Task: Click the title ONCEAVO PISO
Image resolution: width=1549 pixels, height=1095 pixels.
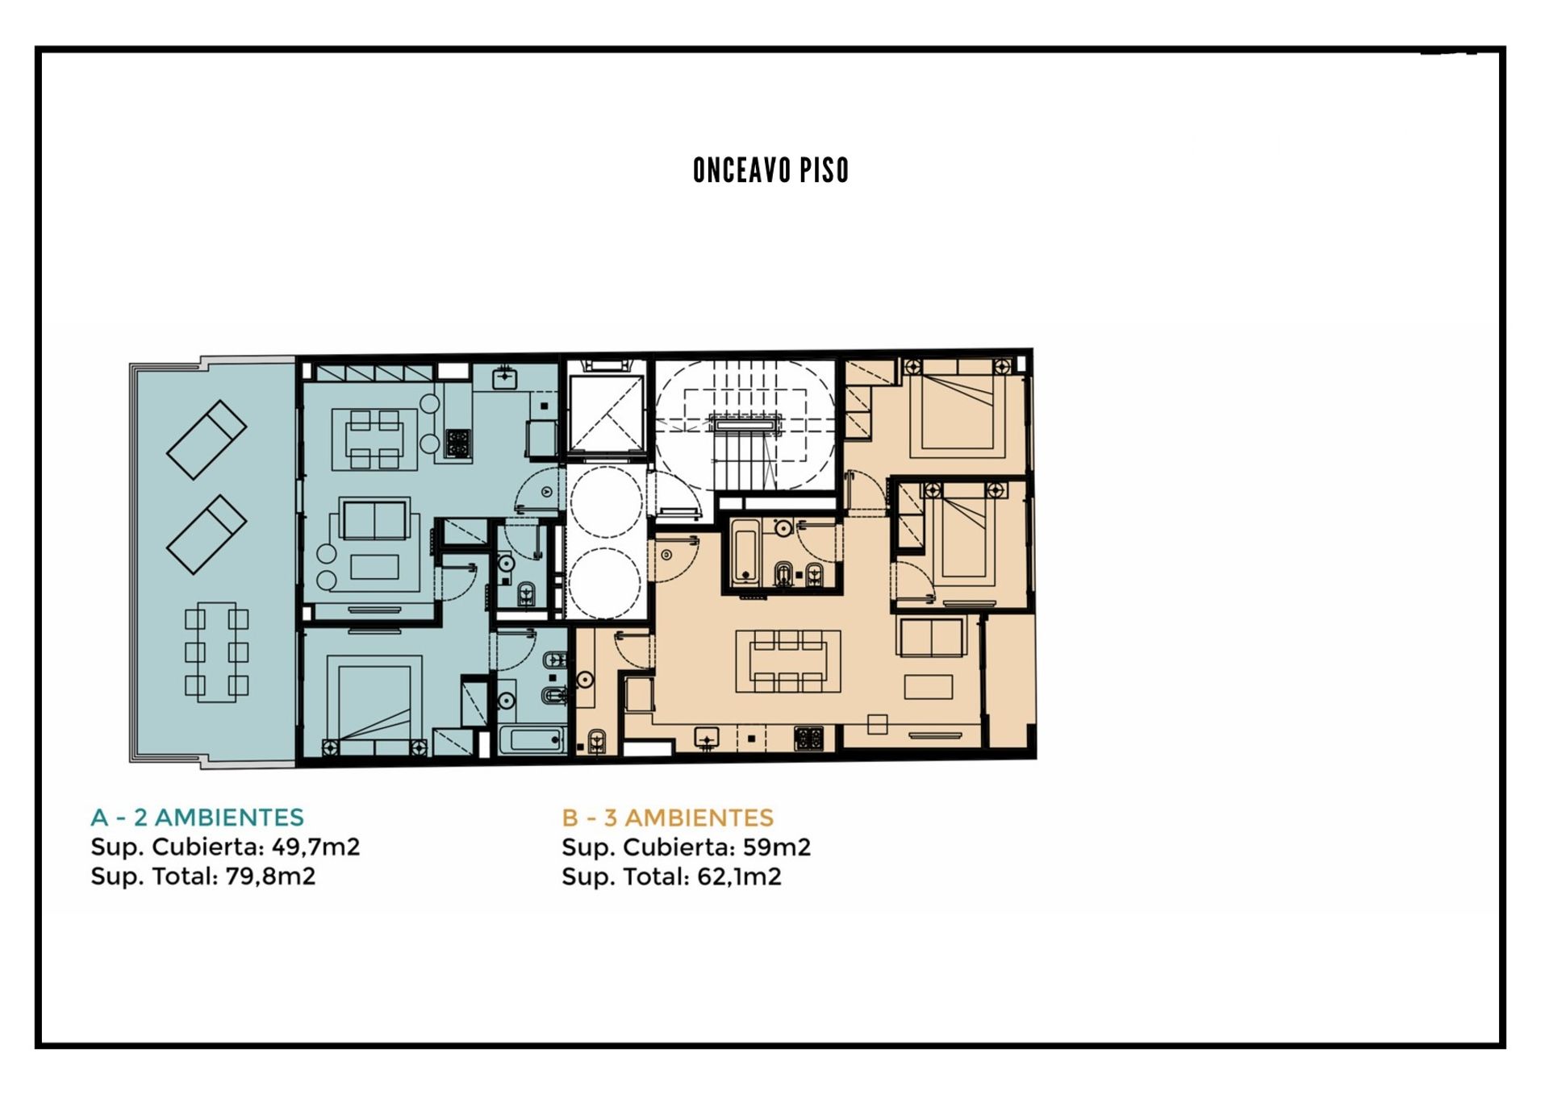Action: [x=770, y=170]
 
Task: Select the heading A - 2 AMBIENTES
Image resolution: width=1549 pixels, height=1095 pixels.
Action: [x=198, y=818]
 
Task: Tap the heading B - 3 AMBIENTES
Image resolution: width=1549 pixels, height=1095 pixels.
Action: [x=668, y=818]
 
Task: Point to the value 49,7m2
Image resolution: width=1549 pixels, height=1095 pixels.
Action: [x=316, y=847]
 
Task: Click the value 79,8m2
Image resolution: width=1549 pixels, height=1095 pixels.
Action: [x=271, y=876]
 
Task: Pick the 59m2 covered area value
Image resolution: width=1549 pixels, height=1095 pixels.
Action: [x=777, y=847]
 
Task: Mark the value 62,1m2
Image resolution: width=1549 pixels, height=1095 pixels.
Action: [x=740, y=876]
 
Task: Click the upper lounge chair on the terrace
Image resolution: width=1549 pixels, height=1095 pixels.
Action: [x=207, y=439]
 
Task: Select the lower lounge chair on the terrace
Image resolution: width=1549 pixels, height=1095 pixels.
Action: [x=207, y=535]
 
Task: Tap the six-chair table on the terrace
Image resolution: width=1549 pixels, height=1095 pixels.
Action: [x=216, y=652]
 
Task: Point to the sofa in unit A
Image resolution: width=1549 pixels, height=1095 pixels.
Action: [x=374, y=519]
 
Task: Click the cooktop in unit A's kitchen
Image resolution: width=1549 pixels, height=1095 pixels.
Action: [x=457, y=443]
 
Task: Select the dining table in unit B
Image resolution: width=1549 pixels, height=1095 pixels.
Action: [x=788, y=661]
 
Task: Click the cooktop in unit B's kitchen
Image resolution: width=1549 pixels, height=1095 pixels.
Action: [x=809, y=737]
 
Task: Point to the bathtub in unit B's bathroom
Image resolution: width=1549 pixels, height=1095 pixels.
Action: [x=745, y=552]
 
